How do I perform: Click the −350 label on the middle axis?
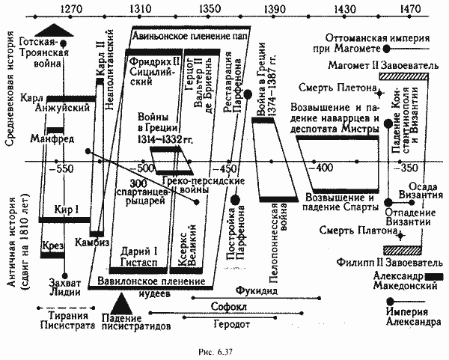tap(408, 168)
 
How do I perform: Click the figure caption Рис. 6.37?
tap(224, 350)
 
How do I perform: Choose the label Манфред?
tap(46, 139)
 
